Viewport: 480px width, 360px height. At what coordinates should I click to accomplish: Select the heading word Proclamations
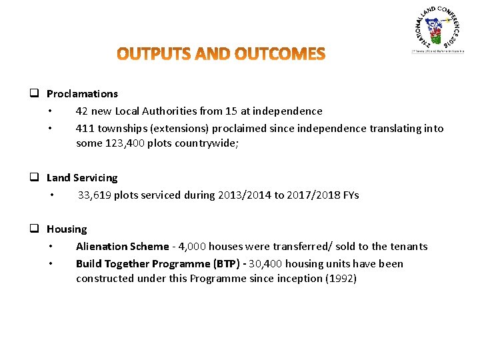(x=82, y=94)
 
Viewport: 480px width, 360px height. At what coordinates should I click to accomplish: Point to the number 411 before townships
(x=85, y=129)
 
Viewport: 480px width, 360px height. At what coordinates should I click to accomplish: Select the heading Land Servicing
(x=82, y=178)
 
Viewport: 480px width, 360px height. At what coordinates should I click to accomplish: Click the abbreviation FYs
(x=350, y=195)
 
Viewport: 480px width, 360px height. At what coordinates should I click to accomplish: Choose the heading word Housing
(x=67, y=229)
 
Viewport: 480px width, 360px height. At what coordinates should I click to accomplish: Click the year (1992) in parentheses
(x=341, y=279)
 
